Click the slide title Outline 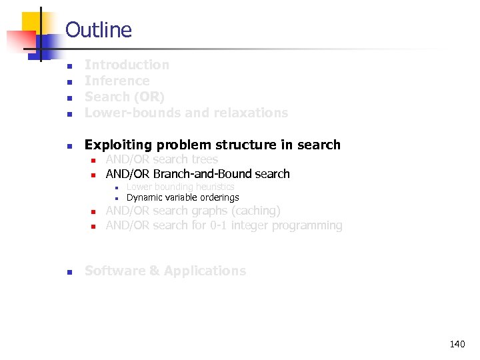click(x=99, y=30)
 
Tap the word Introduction click(x=127, y=65)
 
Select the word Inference click(x=117, y=81)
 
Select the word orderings click(x=217, y=197)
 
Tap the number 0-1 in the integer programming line click(x=218, y=225)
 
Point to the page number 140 click(x=457, y=344)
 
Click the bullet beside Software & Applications click(x=69, y=271)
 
